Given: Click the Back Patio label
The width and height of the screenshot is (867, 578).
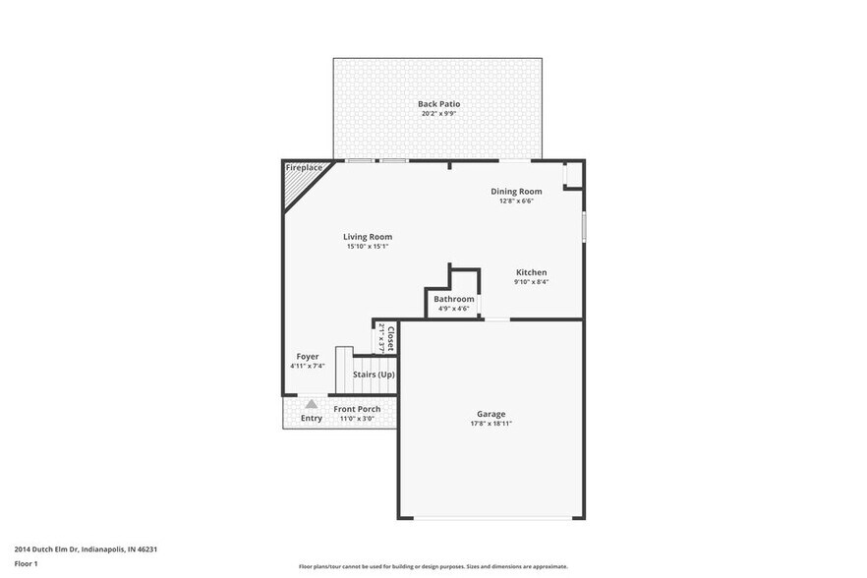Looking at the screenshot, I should pyautogui.click(x=438, y=103).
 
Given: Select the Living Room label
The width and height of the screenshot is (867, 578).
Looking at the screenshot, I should pyautogui.click(x=368, y=237).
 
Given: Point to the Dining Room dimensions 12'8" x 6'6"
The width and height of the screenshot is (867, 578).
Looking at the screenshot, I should pyautogui.click(x=516, y=202).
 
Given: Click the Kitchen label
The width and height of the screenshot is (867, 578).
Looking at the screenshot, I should pyautogui.click(x=531, y=272).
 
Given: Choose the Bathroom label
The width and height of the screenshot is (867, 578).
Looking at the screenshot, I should pyautogui.click(x=453, y=299).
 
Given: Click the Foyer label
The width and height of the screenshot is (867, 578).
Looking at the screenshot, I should pyautogui.click(x=307, y=356).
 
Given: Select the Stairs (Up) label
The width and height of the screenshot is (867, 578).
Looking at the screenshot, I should pyautogui.click(x=374, y=375).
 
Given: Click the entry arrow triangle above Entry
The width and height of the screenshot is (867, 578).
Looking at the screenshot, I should pyautogui.click(x=311, y=403).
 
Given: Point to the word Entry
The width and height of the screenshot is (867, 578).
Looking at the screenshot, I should pyautogui.click(x=311, y=418).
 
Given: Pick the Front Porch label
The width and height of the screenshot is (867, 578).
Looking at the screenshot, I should pyautogui.click(x=357, y=409).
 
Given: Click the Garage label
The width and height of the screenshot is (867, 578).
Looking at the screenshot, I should pyautogui.click(x=491, y=414).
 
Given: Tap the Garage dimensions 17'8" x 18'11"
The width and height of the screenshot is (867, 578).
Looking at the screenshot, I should pyautogui.click(x=491, y=424).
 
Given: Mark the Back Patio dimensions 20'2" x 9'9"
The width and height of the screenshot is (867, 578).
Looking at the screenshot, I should pyautogui.click(x=438, y=113).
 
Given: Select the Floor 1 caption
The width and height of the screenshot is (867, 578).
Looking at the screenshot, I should pyautogui.click(x=26, y=563).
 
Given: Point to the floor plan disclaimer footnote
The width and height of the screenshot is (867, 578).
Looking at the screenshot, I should pyautogui.click(x=433, y=566).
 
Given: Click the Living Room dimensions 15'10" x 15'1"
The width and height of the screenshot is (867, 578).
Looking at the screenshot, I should pyautogui.click(x=368, y=247).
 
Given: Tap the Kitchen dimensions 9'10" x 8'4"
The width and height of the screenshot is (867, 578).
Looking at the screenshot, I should pyautogui.click(x=531, y=282).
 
